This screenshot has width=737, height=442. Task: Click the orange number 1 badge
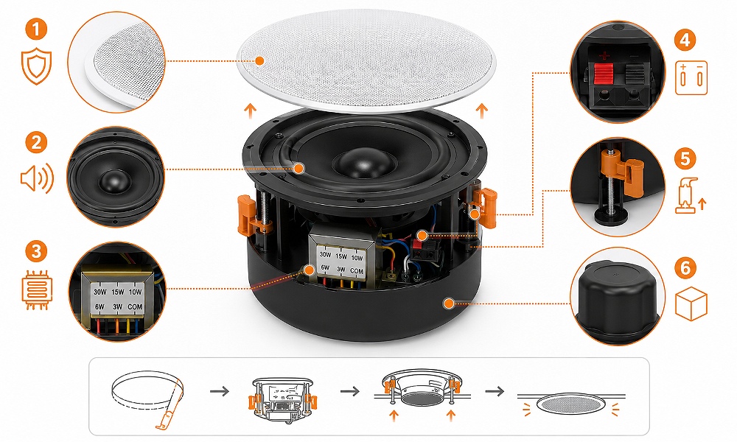click(x=36, y=29)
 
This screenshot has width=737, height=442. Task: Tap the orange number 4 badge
click(x=685, y=40)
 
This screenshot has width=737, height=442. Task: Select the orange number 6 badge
click(x=685, y=267)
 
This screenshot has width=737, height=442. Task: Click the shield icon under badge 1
click(x=36, y=68)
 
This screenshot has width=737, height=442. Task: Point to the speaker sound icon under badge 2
click(x=37, y=178)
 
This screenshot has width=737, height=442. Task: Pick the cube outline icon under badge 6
click(x=691, y=304)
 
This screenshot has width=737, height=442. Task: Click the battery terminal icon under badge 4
click(x=691, y=77)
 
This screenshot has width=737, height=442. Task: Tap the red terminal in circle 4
click(x=604, y=74)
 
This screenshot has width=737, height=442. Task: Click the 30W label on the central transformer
click(x=325, y=255)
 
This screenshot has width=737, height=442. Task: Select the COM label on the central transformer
click(x=357, y=271)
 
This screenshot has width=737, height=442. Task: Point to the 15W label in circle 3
click(x=117, y=292)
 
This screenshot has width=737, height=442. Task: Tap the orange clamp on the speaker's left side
click(x=248, y=215)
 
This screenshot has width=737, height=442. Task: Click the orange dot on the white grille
click(x=259, y=60)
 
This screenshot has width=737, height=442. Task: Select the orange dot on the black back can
click(x=449, y=304)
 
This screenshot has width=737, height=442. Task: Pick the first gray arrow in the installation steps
click(x=220, y=390)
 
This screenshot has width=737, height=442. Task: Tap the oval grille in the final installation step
click(x=570, y=404)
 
